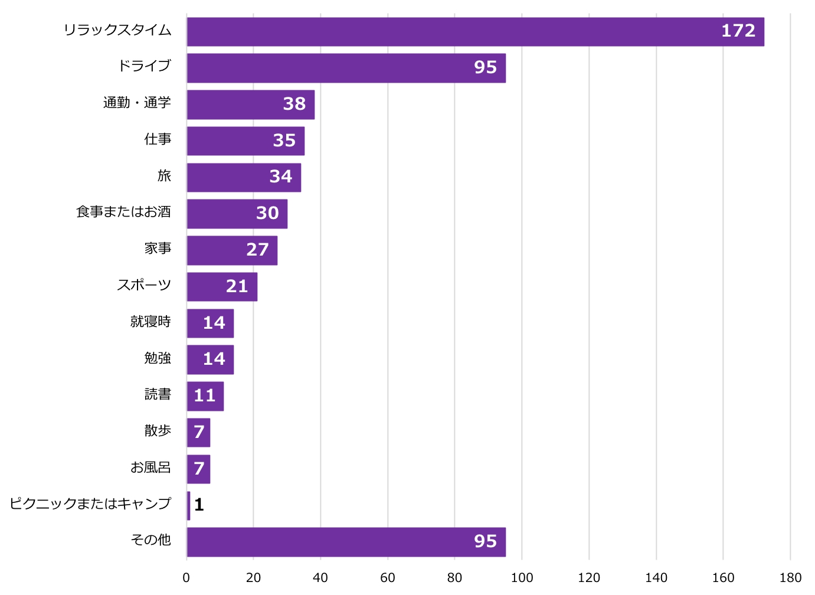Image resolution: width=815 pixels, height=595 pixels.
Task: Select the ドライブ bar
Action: click(x=346, y=68)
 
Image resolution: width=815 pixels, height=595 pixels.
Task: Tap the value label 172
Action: click(x=738, y=31)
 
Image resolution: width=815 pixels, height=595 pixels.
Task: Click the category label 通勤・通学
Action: click(x=137, y=103)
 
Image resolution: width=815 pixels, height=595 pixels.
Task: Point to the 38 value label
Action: click(x=294, y=104)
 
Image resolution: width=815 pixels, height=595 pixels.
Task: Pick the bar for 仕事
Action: click(x=246, y=141)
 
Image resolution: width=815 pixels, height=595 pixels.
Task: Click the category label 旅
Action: click(x=164, y=176)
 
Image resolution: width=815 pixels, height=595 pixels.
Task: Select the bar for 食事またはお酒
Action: click(x=237, y=214)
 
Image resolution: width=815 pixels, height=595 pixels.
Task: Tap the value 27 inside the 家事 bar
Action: click(x=257, y=250)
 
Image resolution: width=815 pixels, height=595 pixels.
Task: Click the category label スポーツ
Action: click(x=144, y=285)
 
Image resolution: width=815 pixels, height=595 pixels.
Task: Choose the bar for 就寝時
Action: click(x=210, y=323)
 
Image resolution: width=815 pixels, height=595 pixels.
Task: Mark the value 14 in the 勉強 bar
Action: click(x=214, y=359)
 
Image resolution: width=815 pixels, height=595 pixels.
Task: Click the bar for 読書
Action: click(x=205, y=396)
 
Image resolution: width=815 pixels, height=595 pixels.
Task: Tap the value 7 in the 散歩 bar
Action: click(x=199, y=432)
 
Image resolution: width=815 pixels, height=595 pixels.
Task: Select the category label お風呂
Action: click(x=150, y=467)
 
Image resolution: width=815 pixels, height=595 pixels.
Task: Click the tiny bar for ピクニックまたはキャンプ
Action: click(x=188, y=506)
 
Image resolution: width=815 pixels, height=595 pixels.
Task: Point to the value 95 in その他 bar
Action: click(x=485, y=541)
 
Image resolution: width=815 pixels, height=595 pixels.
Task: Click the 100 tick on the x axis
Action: click(x=522, y=578)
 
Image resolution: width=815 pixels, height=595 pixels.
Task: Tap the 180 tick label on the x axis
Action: click(x=790, y=578)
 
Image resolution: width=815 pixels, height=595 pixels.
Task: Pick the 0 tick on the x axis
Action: click(x=186, y=578)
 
